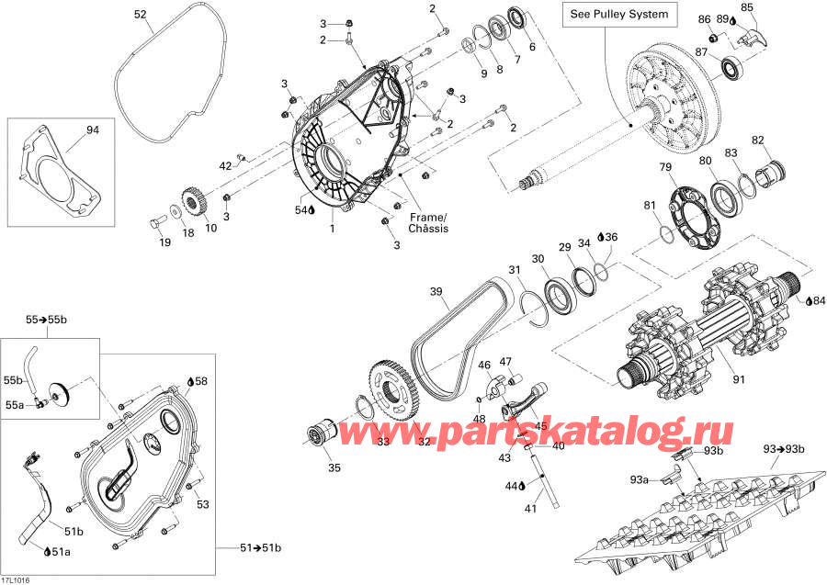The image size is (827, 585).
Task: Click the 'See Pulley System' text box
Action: (619, 15)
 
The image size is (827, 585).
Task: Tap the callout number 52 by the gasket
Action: (140, 14)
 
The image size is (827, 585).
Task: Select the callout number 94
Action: (92, 129)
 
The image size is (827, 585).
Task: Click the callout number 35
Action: (334, 467)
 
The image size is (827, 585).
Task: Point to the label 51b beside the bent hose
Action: (74, 531)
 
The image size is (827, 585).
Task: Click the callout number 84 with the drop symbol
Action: (819, 299)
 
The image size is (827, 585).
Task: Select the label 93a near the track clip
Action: (638, 479)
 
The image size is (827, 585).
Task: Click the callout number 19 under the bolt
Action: (165, 242)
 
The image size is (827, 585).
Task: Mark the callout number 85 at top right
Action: (747, 7)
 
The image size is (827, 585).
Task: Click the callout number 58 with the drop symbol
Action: (201, 379)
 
